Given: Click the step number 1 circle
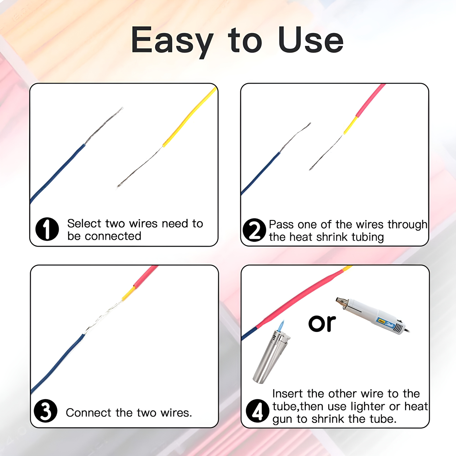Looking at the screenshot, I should [47, 229].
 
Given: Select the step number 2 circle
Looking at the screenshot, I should [254, 230].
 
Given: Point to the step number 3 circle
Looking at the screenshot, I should [46, 411].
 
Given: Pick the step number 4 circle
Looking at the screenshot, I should [257, 410].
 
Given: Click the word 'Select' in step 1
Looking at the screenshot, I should [84, 224].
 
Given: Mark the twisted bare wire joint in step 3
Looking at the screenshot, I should [104, 316].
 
